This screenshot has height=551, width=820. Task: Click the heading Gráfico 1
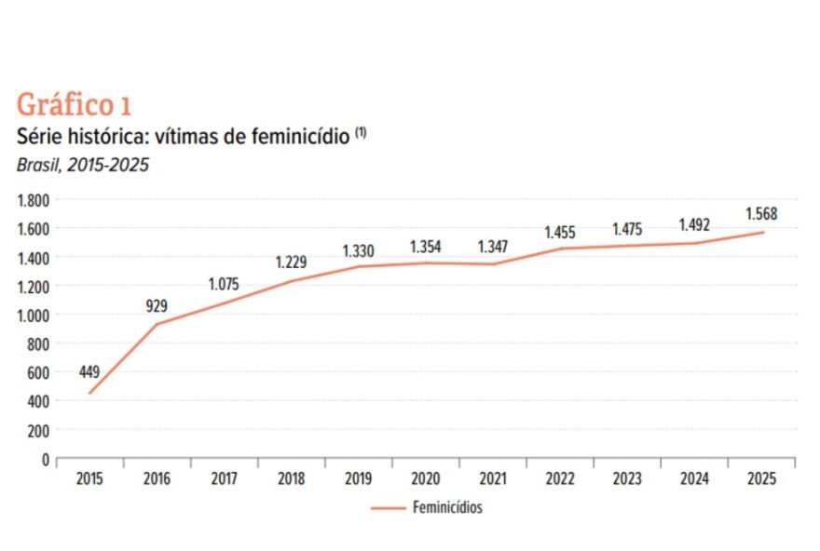point(74,104)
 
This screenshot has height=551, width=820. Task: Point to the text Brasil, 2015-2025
point(82,165)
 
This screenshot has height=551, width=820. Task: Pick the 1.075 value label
point(224,285)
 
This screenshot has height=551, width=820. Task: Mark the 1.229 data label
point(290,262)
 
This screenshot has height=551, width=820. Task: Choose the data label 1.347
point(494,247)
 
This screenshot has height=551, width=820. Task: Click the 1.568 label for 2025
point(761,214)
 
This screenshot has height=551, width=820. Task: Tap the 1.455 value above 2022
point(560,232)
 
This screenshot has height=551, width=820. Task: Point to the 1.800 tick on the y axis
point(33,200)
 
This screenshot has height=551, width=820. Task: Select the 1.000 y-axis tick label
point(33,316)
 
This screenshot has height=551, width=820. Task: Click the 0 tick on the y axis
point(44,459)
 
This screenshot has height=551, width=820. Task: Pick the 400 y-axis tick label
point(36,401)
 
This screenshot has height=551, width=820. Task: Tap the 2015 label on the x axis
point(90,479)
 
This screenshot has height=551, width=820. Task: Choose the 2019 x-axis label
point(359,479)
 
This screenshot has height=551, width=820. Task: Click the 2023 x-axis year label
point(627,479)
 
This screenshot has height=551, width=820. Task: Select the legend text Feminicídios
point(446,508)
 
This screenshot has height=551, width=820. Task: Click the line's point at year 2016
point(157,324)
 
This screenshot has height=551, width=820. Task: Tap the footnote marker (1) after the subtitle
point(360,133)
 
